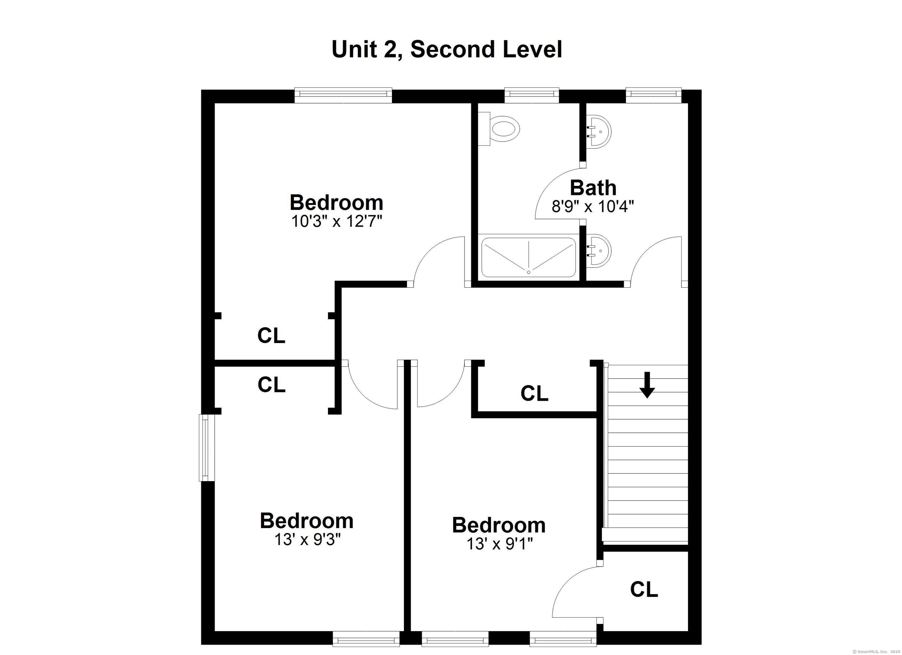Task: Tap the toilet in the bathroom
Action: pyautogui.click(x=499, y=129)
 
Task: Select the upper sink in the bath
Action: pyautogui.click(x=599, y=131)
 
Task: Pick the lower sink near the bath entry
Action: pyautogui.click(x=599, y=251)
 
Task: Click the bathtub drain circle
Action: pyautogui.click(x=529, y=272)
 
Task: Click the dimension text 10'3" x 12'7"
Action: pyautogui.click(x=336, y=221)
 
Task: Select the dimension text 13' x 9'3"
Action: pyautogui.click(x=307, y=539)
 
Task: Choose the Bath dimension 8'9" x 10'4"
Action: pyautogui.click(x=593, y=206)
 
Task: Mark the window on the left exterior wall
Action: pyautogui.click(x=207, y=448)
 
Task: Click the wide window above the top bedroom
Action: pyautogui.click(x=343, y=95)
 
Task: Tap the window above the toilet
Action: pyautogui.click(x=532, y=95)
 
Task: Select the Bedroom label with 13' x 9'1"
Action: pyautogui.click(x=499, y=525)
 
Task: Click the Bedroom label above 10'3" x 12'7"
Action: pyautogui.click(x=336, y=203)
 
